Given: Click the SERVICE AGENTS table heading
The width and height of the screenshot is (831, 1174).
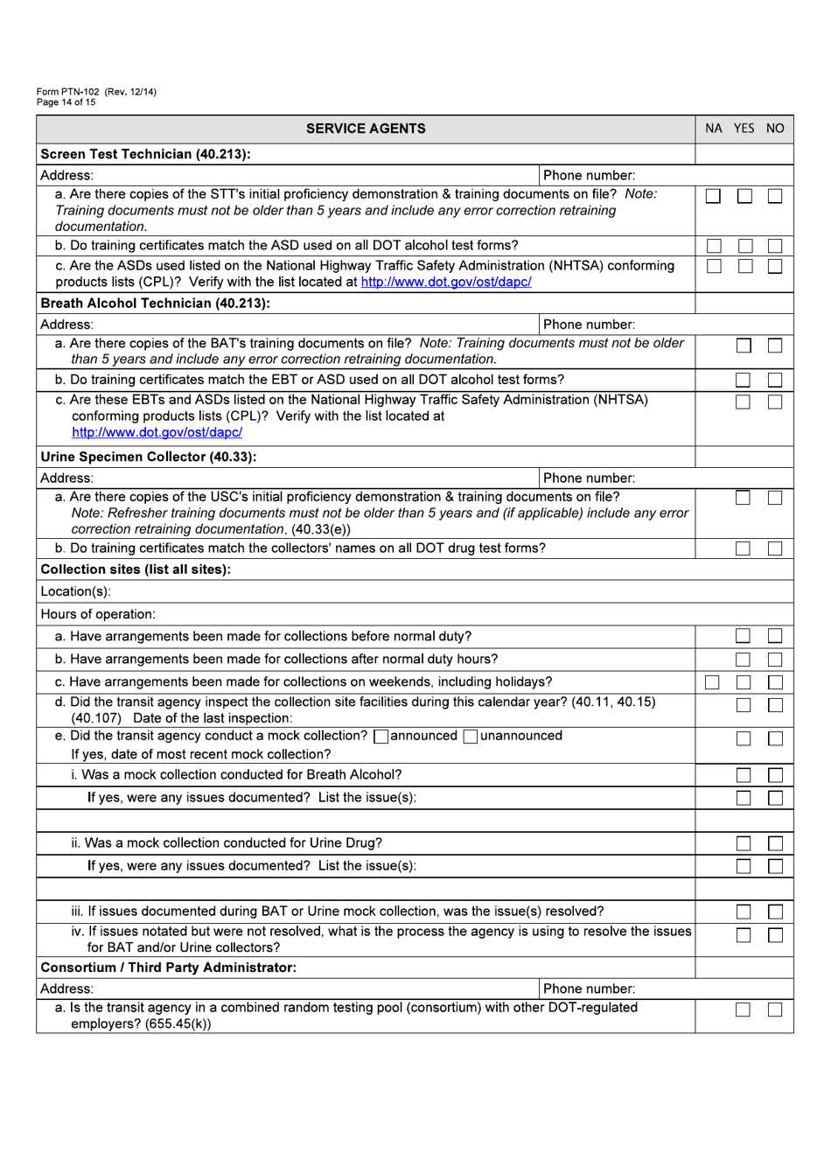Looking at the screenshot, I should tap(366, 129).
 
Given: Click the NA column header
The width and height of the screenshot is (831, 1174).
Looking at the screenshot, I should tap(714, 129).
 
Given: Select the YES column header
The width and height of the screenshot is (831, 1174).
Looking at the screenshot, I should tap(744, 129).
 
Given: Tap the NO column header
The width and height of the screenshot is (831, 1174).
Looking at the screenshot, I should tap(775, 129).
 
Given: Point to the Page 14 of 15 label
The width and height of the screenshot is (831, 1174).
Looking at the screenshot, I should tap(66, 102).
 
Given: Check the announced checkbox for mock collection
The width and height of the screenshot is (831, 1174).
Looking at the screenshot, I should tap(381, 737).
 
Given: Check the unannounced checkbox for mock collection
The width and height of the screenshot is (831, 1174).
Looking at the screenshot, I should tap(471, 737).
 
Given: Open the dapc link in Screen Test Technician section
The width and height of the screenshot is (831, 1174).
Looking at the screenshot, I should tap(445, 282).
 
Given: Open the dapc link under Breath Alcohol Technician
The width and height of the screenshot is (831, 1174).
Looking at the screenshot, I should tap(157, 432).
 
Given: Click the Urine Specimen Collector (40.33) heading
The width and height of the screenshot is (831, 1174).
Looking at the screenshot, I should tap(148, 457).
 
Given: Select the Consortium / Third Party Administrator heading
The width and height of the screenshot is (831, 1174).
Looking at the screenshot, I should tap(168, 968).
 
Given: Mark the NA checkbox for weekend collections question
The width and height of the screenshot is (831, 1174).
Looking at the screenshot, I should tap(713, 682).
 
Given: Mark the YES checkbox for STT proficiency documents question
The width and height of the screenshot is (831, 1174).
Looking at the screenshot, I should tap(744, 197).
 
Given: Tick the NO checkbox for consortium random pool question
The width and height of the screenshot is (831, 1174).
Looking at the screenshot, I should tap(775, 1010).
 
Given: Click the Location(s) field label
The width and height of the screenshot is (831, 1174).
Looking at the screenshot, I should tap(75, 591).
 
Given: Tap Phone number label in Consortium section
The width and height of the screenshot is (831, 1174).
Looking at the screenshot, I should tap(589, 989).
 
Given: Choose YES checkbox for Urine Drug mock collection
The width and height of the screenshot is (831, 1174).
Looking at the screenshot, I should tap(744, 843).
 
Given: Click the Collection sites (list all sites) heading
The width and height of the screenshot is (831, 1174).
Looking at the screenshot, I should tap(136, 570).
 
